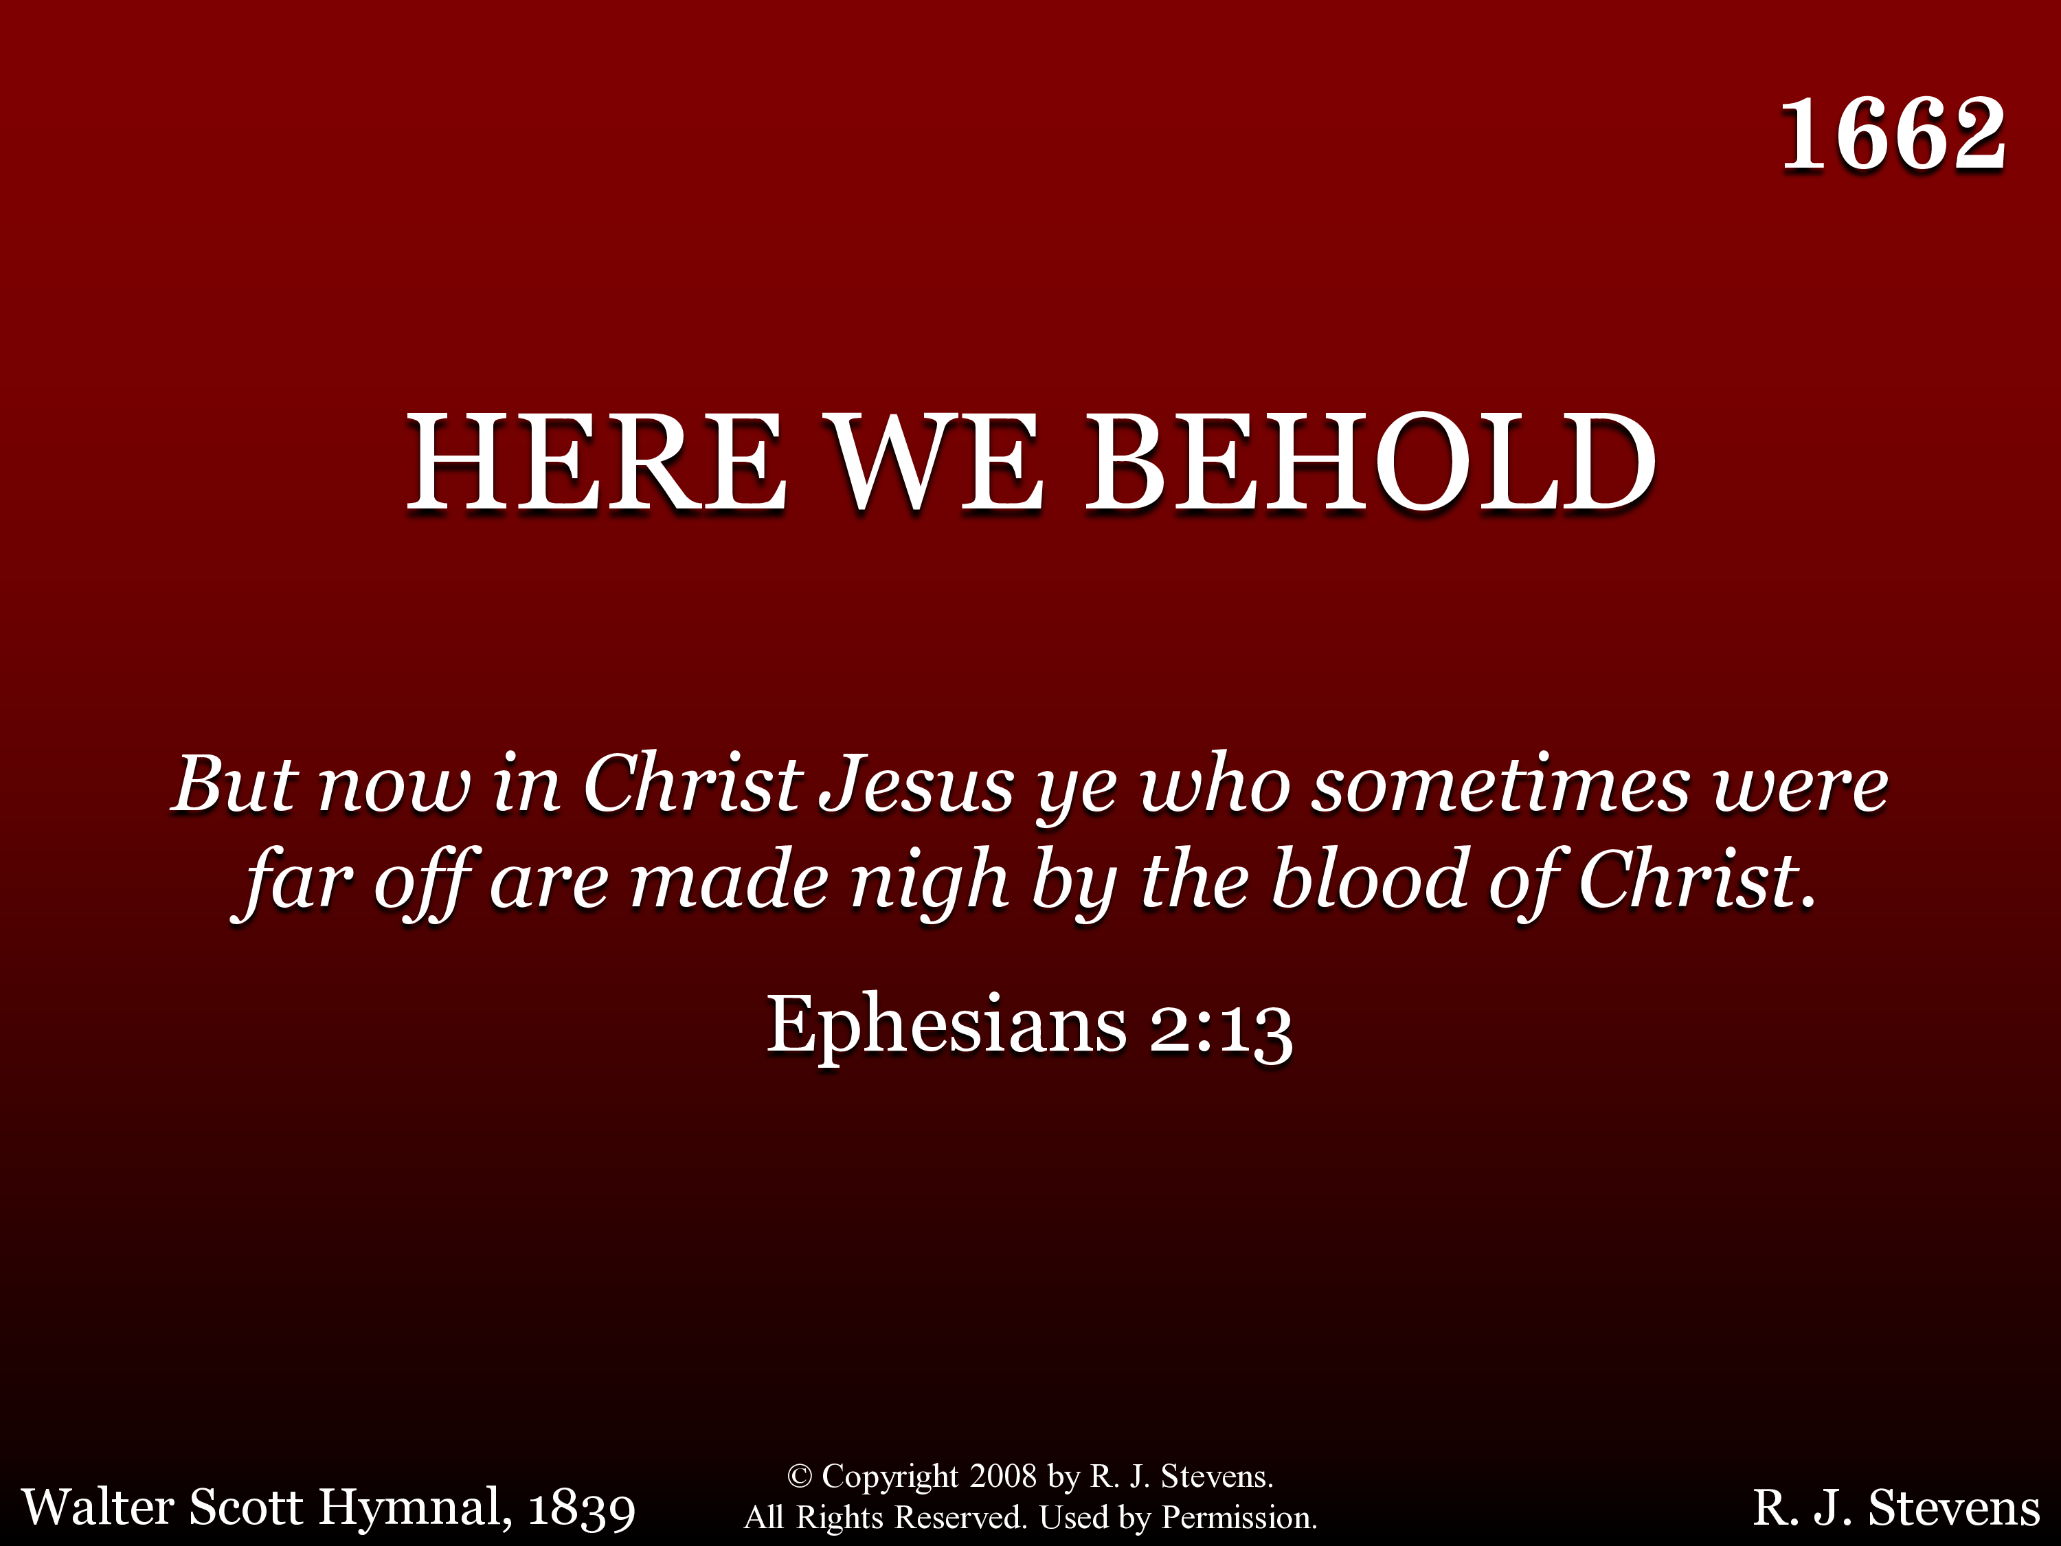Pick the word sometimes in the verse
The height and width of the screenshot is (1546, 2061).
click(1500, 785)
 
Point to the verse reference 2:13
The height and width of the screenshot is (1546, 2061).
click(1221, 1031)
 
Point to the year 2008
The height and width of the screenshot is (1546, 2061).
click(1002, 1476)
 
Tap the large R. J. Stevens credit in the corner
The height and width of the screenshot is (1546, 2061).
click(1896, 1508)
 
